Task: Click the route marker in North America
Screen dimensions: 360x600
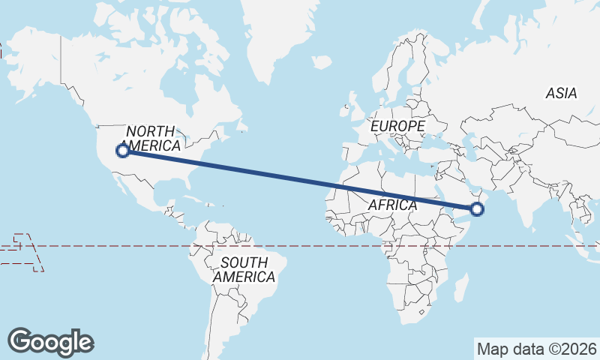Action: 123,151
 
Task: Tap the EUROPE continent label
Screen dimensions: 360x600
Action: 397,127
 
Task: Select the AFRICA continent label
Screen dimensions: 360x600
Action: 391,205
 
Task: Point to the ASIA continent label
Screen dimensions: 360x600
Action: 561,94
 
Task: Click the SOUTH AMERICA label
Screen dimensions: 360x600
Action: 244,270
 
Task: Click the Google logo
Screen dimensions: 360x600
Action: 51,341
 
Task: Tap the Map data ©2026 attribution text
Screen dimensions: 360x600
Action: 537,349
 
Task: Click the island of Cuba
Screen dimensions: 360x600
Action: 196,199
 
